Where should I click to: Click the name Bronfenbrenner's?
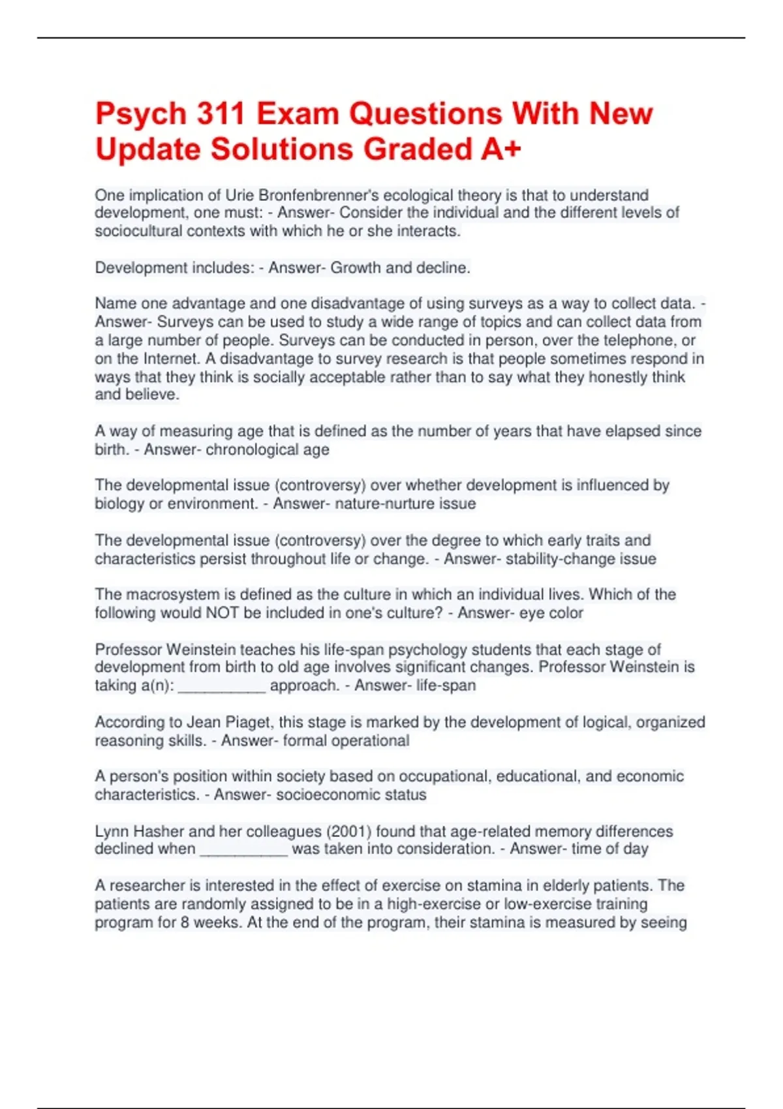click(319, 195)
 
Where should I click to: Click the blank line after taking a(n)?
click(222, 686)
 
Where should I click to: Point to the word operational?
click(370, 740)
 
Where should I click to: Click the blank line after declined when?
click(243, 849)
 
